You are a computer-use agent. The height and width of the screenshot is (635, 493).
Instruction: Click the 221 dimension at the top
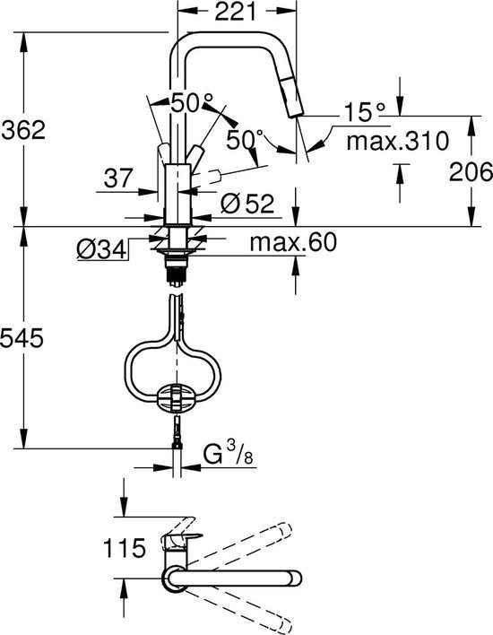point(235,12)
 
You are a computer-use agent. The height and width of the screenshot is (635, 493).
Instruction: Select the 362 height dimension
point(24,130)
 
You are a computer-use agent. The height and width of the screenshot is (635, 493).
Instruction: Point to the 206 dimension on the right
point(471,171)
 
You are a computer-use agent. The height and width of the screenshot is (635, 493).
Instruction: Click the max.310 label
point(398,141)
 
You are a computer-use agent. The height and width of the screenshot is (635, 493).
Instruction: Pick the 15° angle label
point(364,112)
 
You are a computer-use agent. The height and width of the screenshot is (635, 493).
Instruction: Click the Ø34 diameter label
point(102,250)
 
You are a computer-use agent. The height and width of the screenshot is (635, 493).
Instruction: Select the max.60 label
point(293,242)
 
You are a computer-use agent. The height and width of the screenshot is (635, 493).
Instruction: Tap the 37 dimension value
point(118,178)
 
